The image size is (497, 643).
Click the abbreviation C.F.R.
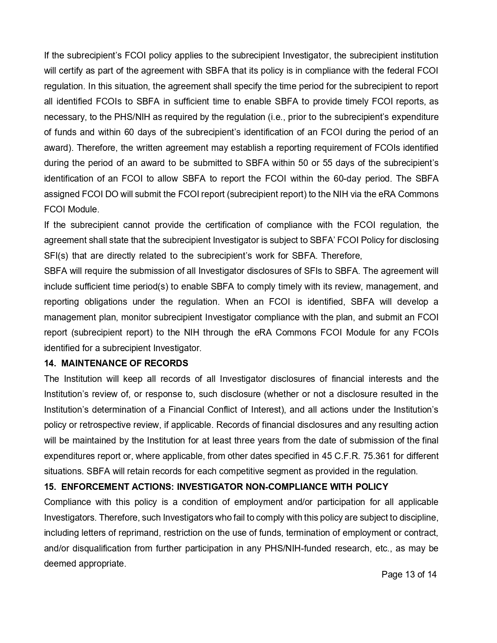(x=346, y=456)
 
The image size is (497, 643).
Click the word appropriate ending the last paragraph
(x=102, y=564)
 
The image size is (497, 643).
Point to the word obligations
(x=103, y=302)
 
